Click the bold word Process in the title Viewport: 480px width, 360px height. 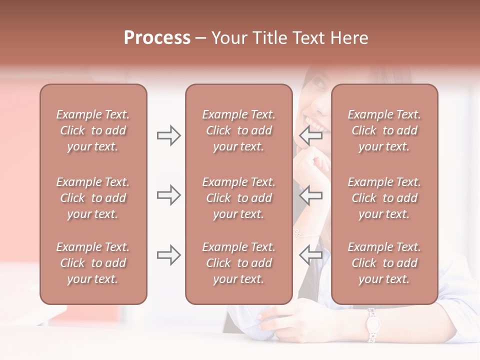pyautogui.click(x=157, y=38)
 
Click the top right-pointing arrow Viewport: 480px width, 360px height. pyautogui.click(x=168, y=135)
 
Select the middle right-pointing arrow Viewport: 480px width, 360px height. pyautogui.click(x=168, y=195)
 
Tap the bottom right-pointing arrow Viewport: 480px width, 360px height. pyautogui.click(x=168, y=255)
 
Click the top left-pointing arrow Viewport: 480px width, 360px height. pyautogui.click(x=310, y=135)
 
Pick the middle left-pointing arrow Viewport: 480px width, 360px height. pyautogui.click(x=310, y=195)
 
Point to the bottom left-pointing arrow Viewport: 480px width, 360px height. pyautogui.click(x=310, y=255)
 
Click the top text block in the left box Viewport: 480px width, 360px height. pyautogui.click(x=93, y=130)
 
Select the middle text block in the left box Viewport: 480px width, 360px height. pyautogui.click(x=93, y=198)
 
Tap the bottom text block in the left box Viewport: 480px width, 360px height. pyautogui.click(x=93, y=263)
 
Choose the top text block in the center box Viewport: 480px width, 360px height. pyautogui.click(x=238, y=130)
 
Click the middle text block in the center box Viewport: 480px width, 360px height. pyautogui.click(x=238, y=198)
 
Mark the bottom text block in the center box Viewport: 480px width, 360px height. pyautogui.click(x=238, y=263)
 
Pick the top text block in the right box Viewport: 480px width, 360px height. pyautogui.click(x=384, y=130)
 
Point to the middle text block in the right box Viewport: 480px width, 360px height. pyautogui.click(x=384, y=198)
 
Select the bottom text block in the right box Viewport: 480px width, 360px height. pyautogui.click(x=384, y=263)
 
